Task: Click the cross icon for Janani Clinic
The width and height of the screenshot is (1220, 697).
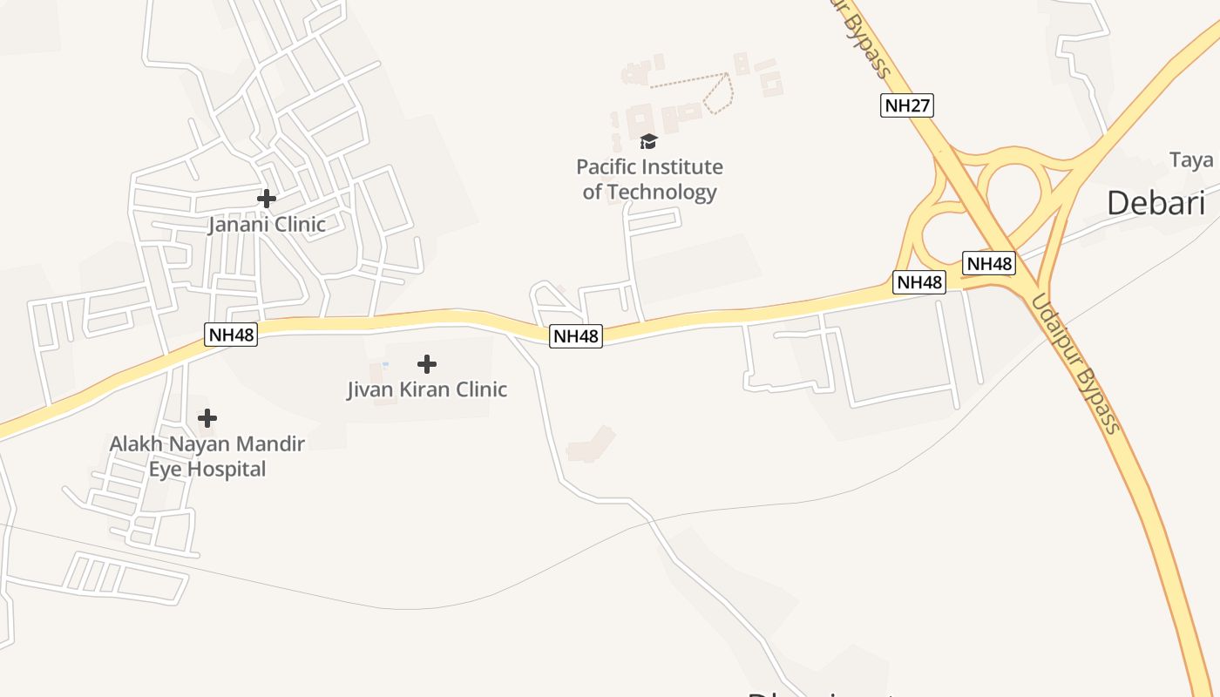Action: click(x=267, y=199)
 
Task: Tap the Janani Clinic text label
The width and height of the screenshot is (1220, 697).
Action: click(x=267, y=225)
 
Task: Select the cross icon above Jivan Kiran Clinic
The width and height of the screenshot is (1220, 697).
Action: click(x=427, y=363)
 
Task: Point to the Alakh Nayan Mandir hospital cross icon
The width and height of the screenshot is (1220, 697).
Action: click(x=207, y=418)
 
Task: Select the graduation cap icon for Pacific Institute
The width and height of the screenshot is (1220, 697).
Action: click(x=648, y=141)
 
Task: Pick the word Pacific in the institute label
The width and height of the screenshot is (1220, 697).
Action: click(x=607, y=166)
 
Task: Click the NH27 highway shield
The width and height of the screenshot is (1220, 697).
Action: click(x=907, y=105)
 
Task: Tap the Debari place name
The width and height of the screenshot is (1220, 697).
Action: click(x=1156, y=203)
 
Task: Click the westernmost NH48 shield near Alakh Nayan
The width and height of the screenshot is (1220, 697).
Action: click(x=231, y=334)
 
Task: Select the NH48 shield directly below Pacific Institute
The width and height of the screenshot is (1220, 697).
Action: click(x=576, y=335)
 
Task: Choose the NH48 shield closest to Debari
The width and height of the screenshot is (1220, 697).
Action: click(x=989, y=263)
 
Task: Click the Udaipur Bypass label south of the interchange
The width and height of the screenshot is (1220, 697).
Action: click(x=1076, y=362)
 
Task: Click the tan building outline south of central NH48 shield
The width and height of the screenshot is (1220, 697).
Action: click(x=590, y=444)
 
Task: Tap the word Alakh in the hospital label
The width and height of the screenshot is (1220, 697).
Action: click(x=136, y=444)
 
